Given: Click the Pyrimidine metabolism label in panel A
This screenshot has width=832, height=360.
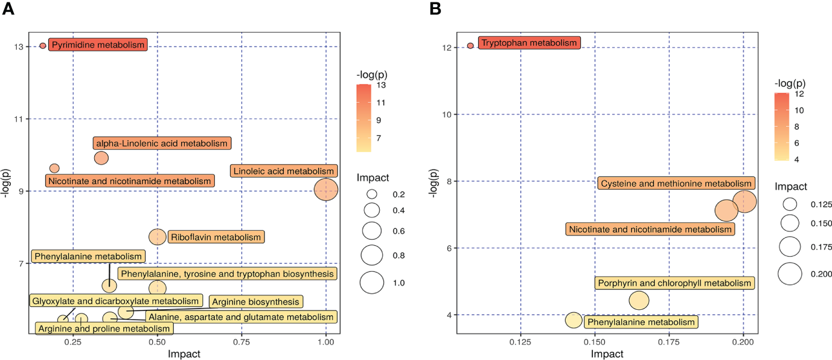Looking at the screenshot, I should coord(98,45).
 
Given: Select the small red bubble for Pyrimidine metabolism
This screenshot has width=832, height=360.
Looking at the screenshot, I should coord(43,46).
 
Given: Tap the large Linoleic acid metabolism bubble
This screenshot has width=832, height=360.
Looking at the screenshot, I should coord(326,190).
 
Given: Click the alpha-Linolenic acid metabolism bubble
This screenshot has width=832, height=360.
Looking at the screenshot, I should coord(101,158).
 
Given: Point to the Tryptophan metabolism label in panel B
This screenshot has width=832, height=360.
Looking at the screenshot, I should coord(529,43).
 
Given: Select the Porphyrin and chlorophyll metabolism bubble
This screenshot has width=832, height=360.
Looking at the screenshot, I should coord(639,300).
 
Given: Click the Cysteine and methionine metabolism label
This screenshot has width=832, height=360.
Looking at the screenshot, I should coord(676,184).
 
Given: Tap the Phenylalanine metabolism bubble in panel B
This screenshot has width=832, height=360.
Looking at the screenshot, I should coord(574,321).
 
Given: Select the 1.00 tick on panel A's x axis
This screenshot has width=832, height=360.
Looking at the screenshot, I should coord(326,341).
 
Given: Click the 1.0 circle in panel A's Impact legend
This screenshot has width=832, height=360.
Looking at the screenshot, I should coord(372,283).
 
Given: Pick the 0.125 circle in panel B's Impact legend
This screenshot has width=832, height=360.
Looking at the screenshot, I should coord(789,205).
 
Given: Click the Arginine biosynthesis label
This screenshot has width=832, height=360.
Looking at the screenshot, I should coord(255,301).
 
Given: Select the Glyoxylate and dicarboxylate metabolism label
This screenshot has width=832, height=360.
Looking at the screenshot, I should coord(115,301).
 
